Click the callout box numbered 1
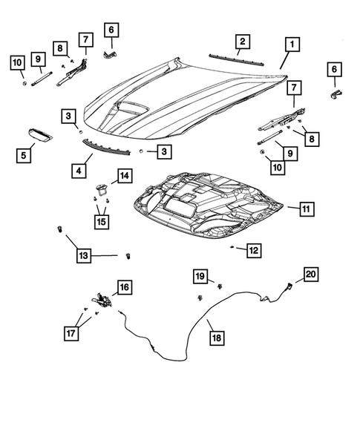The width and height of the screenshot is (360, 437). (294, 45)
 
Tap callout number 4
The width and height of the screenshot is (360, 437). (77, 170)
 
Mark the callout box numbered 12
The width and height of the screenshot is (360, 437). (254, 251)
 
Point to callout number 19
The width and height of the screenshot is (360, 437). (200, 276)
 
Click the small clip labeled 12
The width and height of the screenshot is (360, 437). (232, 245)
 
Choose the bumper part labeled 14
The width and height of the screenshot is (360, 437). (99, 188)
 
